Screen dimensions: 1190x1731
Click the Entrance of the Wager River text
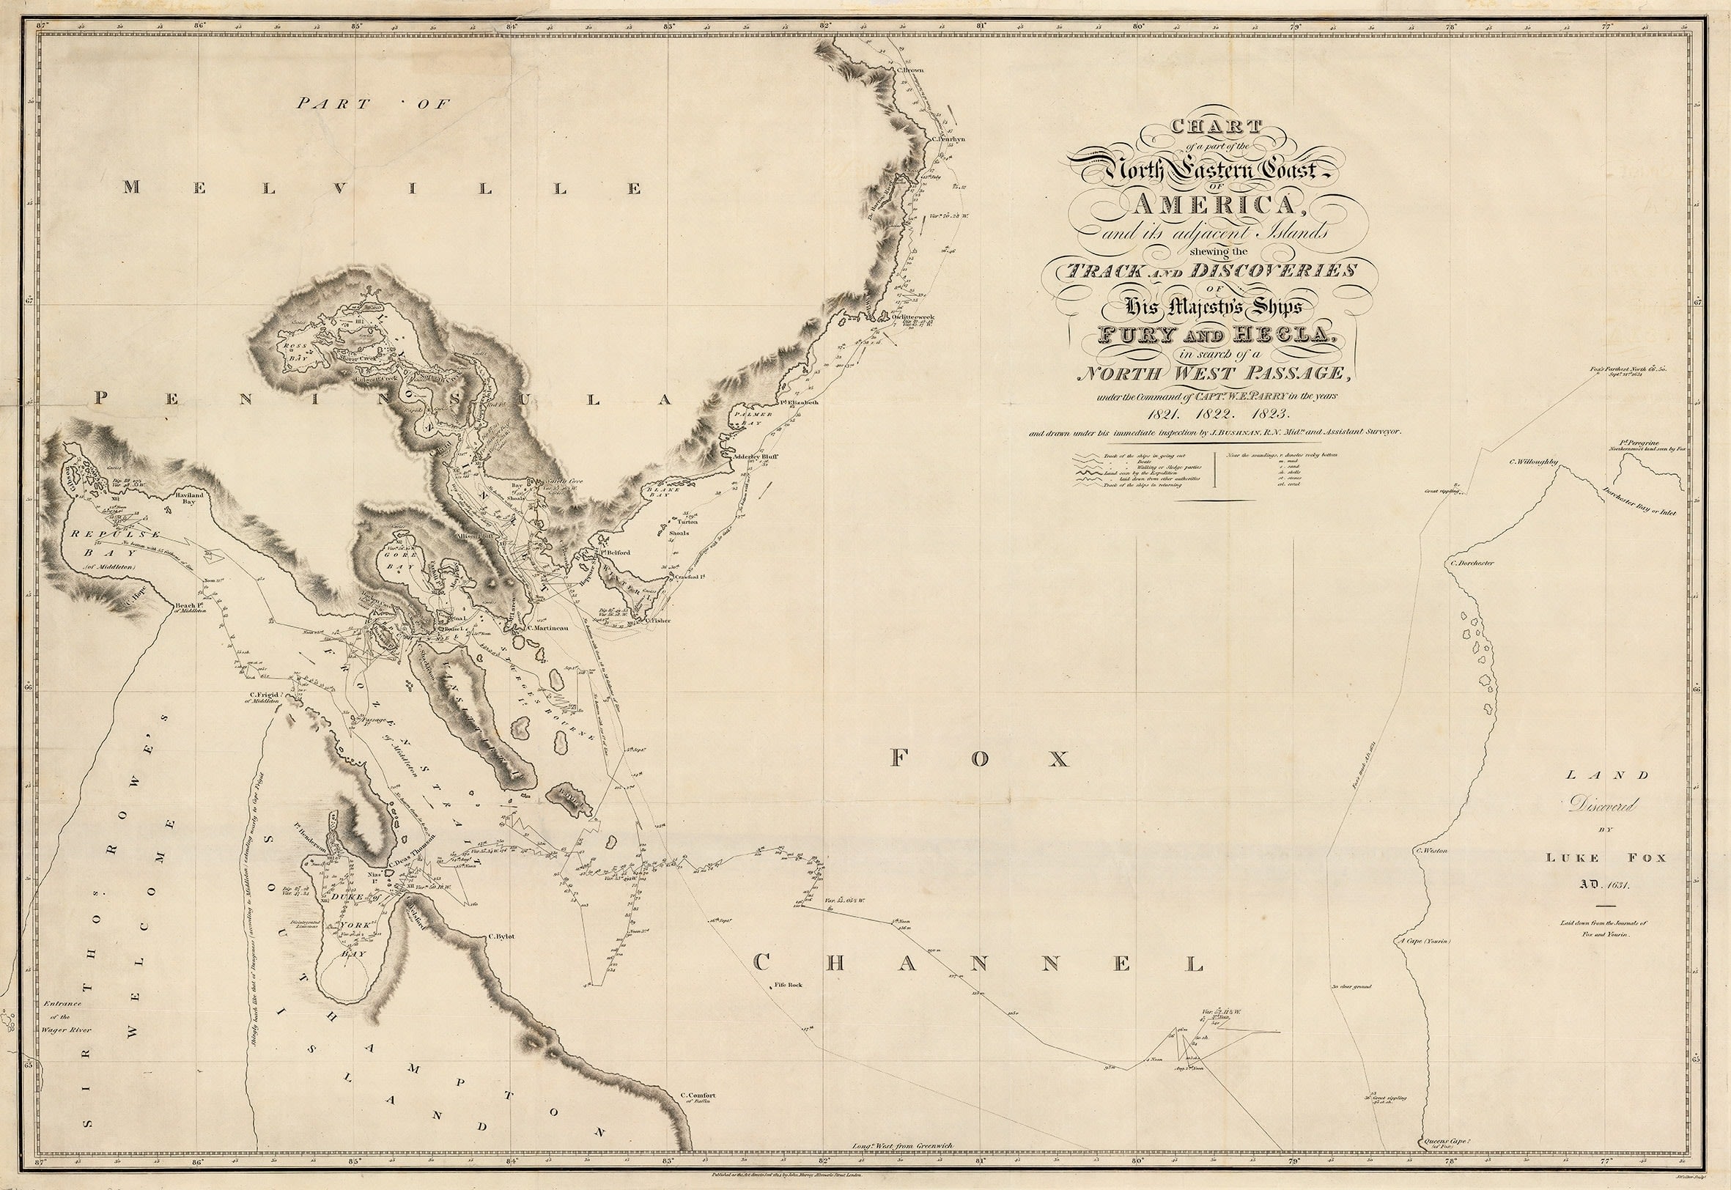(x=67, y=1016)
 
